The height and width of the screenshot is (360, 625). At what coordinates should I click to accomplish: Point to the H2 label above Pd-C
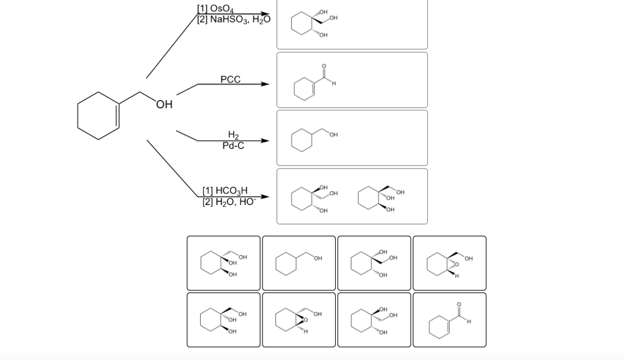[x=233, y=135]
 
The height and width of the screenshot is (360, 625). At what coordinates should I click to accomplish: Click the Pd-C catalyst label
[x=233, y=145]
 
